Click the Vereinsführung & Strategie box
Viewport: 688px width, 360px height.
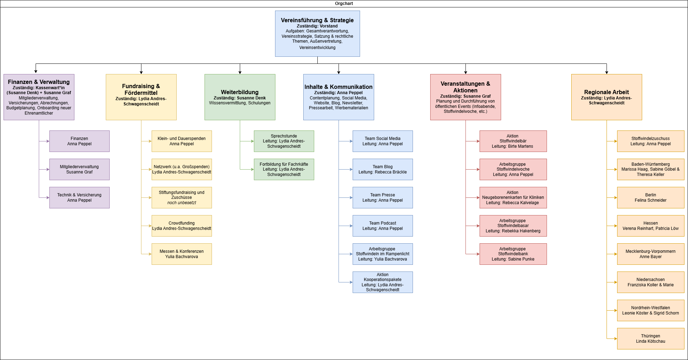(317, 33)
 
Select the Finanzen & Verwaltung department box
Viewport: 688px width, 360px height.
(39, 97)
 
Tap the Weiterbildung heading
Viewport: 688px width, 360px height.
(240, 92)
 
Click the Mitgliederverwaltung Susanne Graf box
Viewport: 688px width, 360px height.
(79, 169)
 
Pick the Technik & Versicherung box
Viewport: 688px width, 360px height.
(79, 197)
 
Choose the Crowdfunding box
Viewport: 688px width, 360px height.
(182, 226)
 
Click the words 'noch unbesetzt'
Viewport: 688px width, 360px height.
(182, 203)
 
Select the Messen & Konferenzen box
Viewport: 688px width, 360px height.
(182, 254)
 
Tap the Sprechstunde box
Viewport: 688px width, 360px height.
(284, 141)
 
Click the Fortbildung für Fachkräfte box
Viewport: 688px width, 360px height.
(284, 169)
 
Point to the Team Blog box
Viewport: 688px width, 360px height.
(383, 169)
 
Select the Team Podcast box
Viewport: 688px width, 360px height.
(383, 226)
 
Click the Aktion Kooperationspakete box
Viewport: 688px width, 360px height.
(383, 282)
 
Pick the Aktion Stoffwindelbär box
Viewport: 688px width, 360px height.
(513, 141)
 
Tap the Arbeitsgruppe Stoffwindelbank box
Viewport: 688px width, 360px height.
(513, 254)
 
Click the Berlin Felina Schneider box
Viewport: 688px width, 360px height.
(651, 197)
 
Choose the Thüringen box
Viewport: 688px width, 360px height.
(651, 338)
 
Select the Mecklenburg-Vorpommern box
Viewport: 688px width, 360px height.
(651, 254)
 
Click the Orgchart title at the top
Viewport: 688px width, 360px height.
(344, 4)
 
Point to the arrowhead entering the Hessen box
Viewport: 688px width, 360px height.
(615, 226)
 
